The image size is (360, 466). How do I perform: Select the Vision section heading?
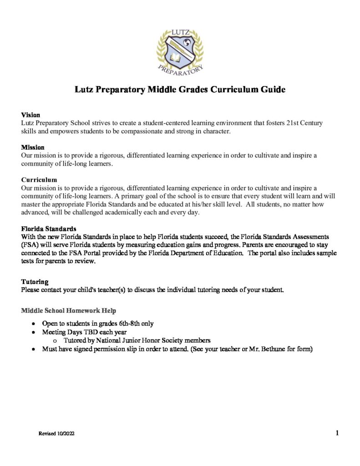click(x=30, y=115)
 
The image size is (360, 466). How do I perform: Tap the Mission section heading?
click(x=33, y=147)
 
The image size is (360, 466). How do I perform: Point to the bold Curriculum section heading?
click(x=39, y=180)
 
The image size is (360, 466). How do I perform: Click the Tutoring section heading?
click(x=35, y=282)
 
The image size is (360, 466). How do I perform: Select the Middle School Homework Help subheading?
click(x=68, y=310)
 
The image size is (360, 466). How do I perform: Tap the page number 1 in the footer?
click(x=337, y=433)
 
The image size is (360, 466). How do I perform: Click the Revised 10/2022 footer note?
click(x=56, y=434)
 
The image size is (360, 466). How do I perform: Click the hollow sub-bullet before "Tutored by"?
click(x=56, y=341)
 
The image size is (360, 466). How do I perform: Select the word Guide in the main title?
click(x=273, y=90)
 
